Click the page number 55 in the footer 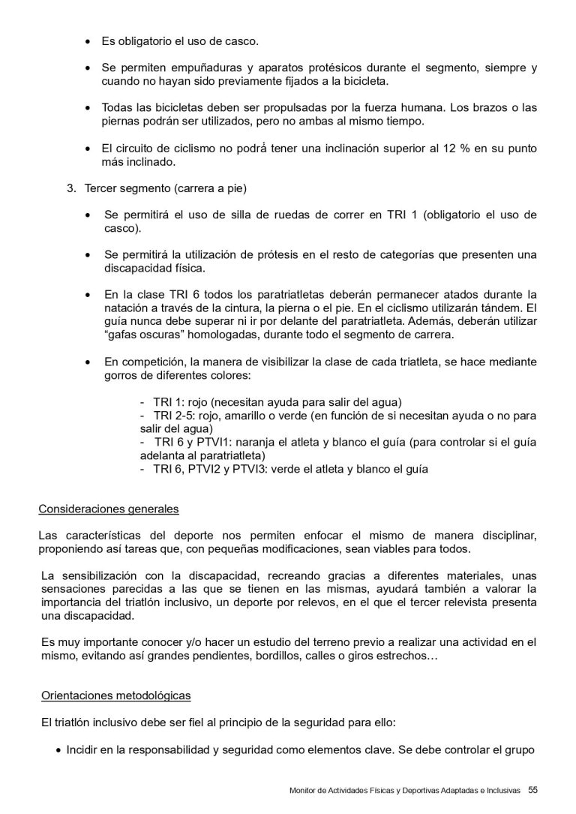532,789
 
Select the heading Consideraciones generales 108,509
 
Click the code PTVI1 217,442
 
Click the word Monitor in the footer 305,790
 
